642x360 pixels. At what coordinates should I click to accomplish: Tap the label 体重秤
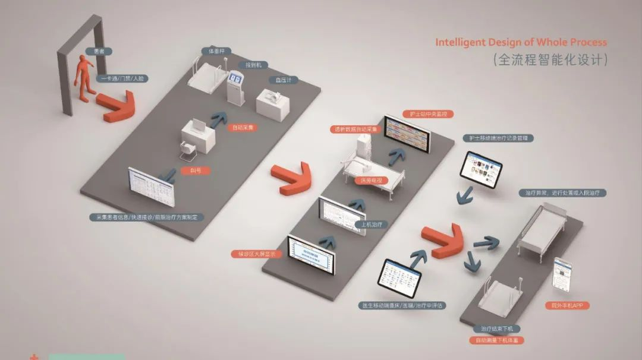[x=216, y=51]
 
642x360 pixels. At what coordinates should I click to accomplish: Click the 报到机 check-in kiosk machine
[x=236, y=87]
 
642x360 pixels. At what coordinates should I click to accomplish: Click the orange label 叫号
[x=196, y=170]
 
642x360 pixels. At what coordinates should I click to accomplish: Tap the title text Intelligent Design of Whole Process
[x=521, y=42]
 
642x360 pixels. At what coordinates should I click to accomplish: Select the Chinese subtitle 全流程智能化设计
[x=550, y=59]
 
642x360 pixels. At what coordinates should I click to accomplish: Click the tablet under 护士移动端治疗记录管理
[x=480, y=169]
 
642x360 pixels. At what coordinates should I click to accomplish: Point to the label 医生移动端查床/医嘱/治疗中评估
[x=402, y=305]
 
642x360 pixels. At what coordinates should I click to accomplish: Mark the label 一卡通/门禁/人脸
[x=122, y=78]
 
